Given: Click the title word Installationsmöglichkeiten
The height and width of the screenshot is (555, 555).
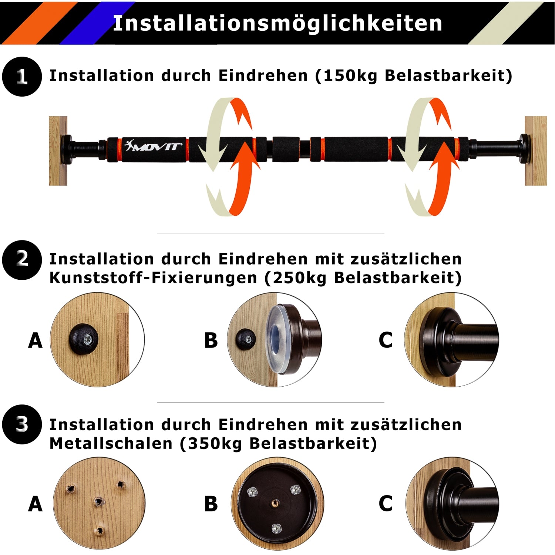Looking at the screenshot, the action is [x=277, y=24].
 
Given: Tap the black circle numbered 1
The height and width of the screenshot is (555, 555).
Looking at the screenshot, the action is [x=22, y=77].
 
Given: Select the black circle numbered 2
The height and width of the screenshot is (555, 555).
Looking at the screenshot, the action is [x=22, y=260].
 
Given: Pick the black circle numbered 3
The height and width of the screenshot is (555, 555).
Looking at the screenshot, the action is [x=22, y=424].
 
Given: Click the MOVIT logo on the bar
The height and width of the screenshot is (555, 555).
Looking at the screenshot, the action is [x=153, y=145].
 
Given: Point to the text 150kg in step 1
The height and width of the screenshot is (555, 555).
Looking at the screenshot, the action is [x=350, y=76].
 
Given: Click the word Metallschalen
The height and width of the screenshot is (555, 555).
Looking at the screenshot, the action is [x=111, y=443].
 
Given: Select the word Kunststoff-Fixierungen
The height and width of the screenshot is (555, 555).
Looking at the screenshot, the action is [x=153, y=278].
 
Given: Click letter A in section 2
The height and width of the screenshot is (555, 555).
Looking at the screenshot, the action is [x=35, y=340].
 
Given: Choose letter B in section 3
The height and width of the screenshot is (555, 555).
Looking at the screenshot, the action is [x=211, y=504].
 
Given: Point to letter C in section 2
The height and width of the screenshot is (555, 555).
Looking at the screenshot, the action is [x=386, y=340].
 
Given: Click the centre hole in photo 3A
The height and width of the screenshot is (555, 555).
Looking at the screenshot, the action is [x=98, y=502].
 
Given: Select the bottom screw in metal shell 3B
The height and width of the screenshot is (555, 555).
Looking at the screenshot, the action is [x=276, y=528].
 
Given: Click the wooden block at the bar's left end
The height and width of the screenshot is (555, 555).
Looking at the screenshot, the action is [x=58, y=151].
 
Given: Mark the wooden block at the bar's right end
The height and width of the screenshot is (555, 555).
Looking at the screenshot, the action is [x=536, y=151].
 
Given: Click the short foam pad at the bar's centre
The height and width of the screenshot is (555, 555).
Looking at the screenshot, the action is [x=286, y=149].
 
